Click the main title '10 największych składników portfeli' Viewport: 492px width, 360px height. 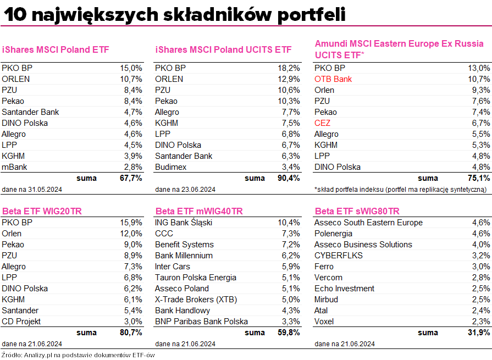pyautogui.click(x=174, y=14)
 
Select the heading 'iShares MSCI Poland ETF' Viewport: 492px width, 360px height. pyautogui.click(x=56, y=49)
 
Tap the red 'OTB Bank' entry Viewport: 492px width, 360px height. pyautogui.click(x=333, y=79)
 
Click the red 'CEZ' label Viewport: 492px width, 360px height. pyautogui.click(x=322, y=123)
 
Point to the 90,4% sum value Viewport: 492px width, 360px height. pyautogui.click(x=289, y=178)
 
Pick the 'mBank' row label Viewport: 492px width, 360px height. pyautogui.click(x=14, y=167)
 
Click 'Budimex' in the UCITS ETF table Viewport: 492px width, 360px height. pyautogui.click(x=171, y=167)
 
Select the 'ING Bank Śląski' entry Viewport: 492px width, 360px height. pyautogui.click(x=184, y=223)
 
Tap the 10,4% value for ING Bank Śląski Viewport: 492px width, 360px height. pyautogui.click(x=289, y=223)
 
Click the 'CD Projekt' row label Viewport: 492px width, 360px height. pyautogui.click(x=21, y=322)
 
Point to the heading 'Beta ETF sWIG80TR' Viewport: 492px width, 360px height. pyautogui.click(x=357, y=212)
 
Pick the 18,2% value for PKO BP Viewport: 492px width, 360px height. pyautogui.click(x=289, y=68)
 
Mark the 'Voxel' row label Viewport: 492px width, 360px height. pyautogui.click(x=325, y=322)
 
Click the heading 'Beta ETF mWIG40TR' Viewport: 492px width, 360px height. pyautogui.click(x=199, y=212)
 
